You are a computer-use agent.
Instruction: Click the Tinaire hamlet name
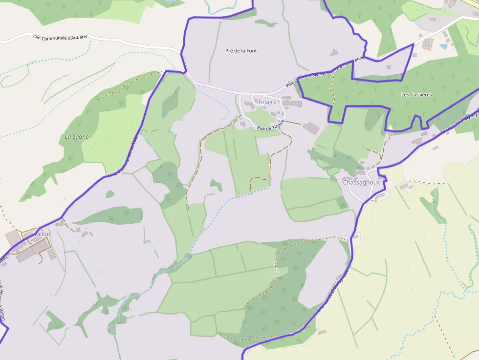267,102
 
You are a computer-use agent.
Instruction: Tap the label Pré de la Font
241,51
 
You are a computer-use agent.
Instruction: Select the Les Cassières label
416,95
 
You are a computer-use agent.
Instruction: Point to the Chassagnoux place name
361,182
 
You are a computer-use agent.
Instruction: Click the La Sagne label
77,137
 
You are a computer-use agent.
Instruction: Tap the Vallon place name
42,234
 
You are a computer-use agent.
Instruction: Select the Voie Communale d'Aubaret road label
60,37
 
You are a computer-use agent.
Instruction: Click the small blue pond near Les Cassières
443,47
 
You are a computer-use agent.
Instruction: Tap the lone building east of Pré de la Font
334,52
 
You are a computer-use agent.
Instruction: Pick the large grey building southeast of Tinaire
311,128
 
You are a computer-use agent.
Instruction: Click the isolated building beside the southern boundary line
322,332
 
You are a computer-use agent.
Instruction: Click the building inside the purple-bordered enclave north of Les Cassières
389,66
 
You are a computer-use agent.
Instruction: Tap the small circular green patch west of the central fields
110,194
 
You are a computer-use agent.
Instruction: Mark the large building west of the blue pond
428,43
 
